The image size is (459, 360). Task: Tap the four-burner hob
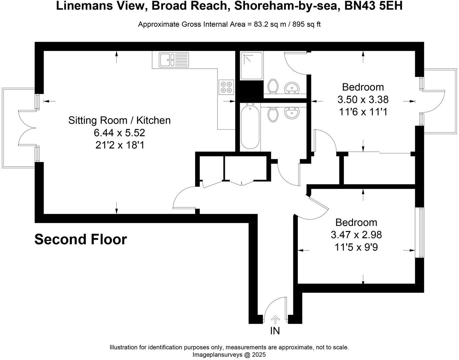pyautogui.click(x=226, y=87)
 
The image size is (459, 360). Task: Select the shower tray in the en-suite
pyautogui.click(x=252, y=65)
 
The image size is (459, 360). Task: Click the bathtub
pyautogui.click(x=250, y=126)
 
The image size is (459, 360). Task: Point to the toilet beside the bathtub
pyautogui.click(x=274, y=114)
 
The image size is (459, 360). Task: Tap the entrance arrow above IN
pyautogui.click(x=275, y=320)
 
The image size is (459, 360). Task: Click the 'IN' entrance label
pyautogui.click(x=275, y=331)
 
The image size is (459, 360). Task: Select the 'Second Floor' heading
pyautogui.click(x=81, y=240)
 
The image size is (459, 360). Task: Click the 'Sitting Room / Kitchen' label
pyautogui.click(x=119, y=120)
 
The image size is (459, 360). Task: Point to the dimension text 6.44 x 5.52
pyautogui.click(x=119, y=133)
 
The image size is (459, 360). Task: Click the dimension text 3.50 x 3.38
pyautogui.click(x=363, y=100)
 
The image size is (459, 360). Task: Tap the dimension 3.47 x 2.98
pyautogui.click(x=356, y=235)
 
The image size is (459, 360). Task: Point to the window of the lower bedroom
pyautogui.click(x=421, y=232)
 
